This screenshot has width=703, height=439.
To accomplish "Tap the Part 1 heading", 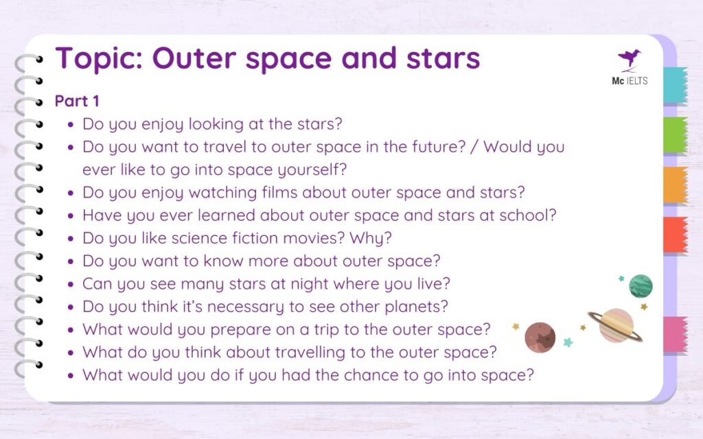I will pyautogui.click(x=77, y=101).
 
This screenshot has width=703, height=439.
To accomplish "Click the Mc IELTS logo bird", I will pyautogui.click(x=630, y=59).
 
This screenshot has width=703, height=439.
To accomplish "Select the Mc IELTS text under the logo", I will pyautogui.click(x=630, y=81).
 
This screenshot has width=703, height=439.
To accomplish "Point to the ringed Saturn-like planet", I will pyautogui.click(x=616, y=324).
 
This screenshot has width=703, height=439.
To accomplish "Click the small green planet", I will pyautogui.click(x=641, y=285).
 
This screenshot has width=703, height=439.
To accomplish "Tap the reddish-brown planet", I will pyautogui.click(x=540, y=337).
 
